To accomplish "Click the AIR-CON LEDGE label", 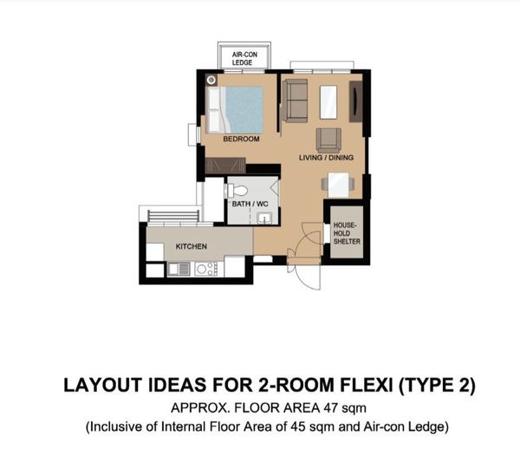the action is coord(244,58).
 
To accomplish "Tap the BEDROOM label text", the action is coord(241,139).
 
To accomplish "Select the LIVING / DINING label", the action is coord(326,158).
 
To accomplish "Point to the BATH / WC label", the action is coord(250,204).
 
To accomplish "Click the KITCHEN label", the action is coord(191,246).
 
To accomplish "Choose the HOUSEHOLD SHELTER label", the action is coord(347,233).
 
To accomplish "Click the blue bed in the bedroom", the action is coord(235,110).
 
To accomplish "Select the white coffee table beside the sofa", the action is coord(328,102).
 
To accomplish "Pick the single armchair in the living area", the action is coord(328,140).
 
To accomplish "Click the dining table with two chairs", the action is coord(338,185).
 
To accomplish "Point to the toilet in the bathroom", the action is coord(237,191).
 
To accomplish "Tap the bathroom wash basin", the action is coord(264,218).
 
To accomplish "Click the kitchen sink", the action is coord(179,268).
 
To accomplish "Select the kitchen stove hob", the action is coord(206,269).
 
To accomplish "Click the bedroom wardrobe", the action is coord(225,166).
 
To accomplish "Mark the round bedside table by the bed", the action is coord(211,80).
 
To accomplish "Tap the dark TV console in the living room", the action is coord(356,101).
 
